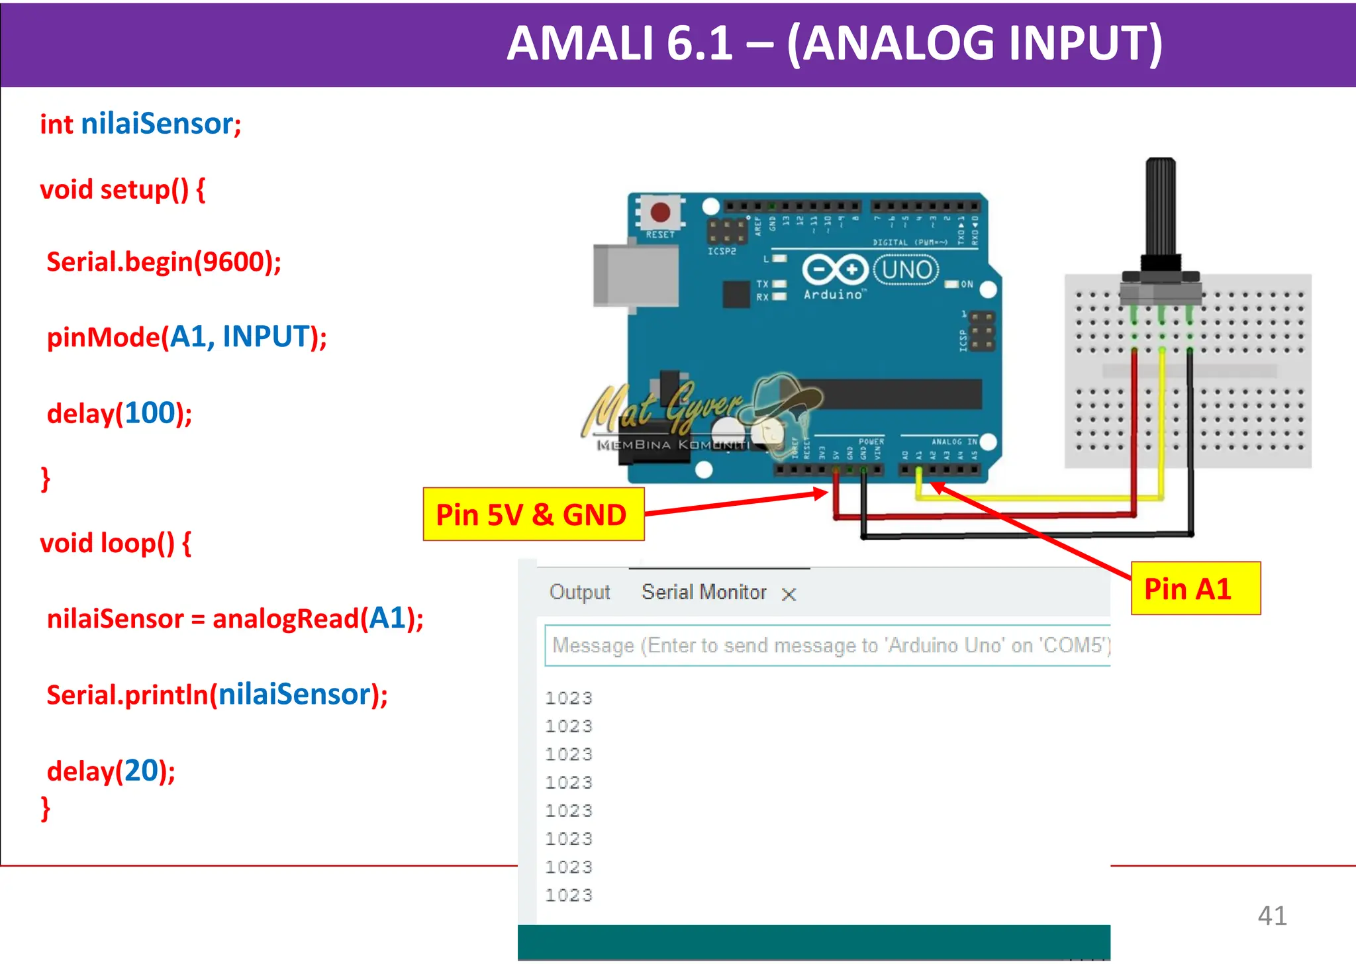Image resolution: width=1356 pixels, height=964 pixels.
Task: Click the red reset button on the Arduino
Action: [660, 212]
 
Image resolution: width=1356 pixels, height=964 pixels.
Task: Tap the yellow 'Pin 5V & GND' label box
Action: [533, 514]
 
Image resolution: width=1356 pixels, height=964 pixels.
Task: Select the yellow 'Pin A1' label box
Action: [1195, 589]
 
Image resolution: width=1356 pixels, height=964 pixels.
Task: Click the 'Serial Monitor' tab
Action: [704, 592]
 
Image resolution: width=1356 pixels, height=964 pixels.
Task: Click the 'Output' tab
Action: [579, 592]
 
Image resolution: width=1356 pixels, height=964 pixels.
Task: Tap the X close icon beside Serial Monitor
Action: [789, 595]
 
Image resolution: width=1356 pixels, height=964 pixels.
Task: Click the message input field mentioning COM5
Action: [828, 646]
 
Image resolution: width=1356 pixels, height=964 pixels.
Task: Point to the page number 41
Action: [1272, 916]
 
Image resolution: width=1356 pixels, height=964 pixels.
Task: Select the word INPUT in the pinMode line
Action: [266, 337]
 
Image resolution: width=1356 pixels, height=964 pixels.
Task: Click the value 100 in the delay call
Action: [150, 413]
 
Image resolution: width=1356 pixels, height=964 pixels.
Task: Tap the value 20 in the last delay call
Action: [142, 771]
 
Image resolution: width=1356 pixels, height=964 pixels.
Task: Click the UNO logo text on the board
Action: [906, 270]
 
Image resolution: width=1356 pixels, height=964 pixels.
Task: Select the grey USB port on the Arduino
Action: [634, 275]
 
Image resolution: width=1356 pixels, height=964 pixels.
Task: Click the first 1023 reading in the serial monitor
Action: [568, 698]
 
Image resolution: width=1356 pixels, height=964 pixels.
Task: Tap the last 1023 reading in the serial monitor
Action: [568, 895]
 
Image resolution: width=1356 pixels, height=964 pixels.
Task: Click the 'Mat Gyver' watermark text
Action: [662, 407]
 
